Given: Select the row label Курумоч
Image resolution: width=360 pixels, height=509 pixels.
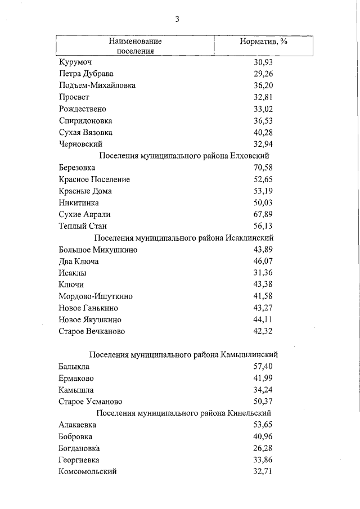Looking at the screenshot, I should [75, 62].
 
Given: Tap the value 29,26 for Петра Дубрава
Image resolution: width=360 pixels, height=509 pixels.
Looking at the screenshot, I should [263, 74].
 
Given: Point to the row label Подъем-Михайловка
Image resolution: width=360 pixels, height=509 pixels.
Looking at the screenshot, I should [97, 85].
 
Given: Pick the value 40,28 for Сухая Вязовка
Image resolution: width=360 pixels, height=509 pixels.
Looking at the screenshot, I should [263, 132].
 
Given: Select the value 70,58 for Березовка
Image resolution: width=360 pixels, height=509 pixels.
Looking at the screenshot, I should [263, 168].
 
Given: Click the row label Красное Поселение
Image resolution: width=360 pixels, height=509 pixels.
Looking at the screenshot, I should [94, 179].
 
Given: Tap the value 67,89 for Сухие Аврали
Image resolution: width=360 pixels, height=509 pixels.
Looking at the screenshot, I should [263, 214].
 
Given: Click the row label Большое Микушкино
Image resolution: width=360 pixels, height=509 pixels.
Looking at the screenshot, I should [98, 250].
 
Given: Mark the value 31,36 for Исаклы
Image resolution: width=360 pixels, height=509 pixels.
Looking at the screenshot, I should [263, 273].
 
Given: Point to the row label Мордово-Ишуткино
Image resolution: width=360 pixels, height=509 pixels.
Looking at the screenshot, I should [96, 296].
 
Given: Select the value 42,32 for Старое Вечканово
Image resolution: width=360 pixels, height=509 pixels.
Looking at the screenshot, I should [263, 331].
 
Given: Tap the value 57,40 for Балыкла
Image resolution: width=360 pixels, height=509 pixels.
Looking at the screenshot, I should [263, 367].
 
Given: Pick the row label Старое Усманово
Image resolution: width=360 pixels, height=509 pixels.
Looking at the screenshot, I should [90, 402].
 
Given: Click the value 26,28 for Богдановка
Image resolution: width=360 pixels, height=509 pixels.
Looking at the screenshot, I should [263, 448].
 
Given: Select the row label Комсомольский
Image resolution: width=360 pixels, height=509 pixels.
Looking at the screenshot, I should [87, 472].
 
